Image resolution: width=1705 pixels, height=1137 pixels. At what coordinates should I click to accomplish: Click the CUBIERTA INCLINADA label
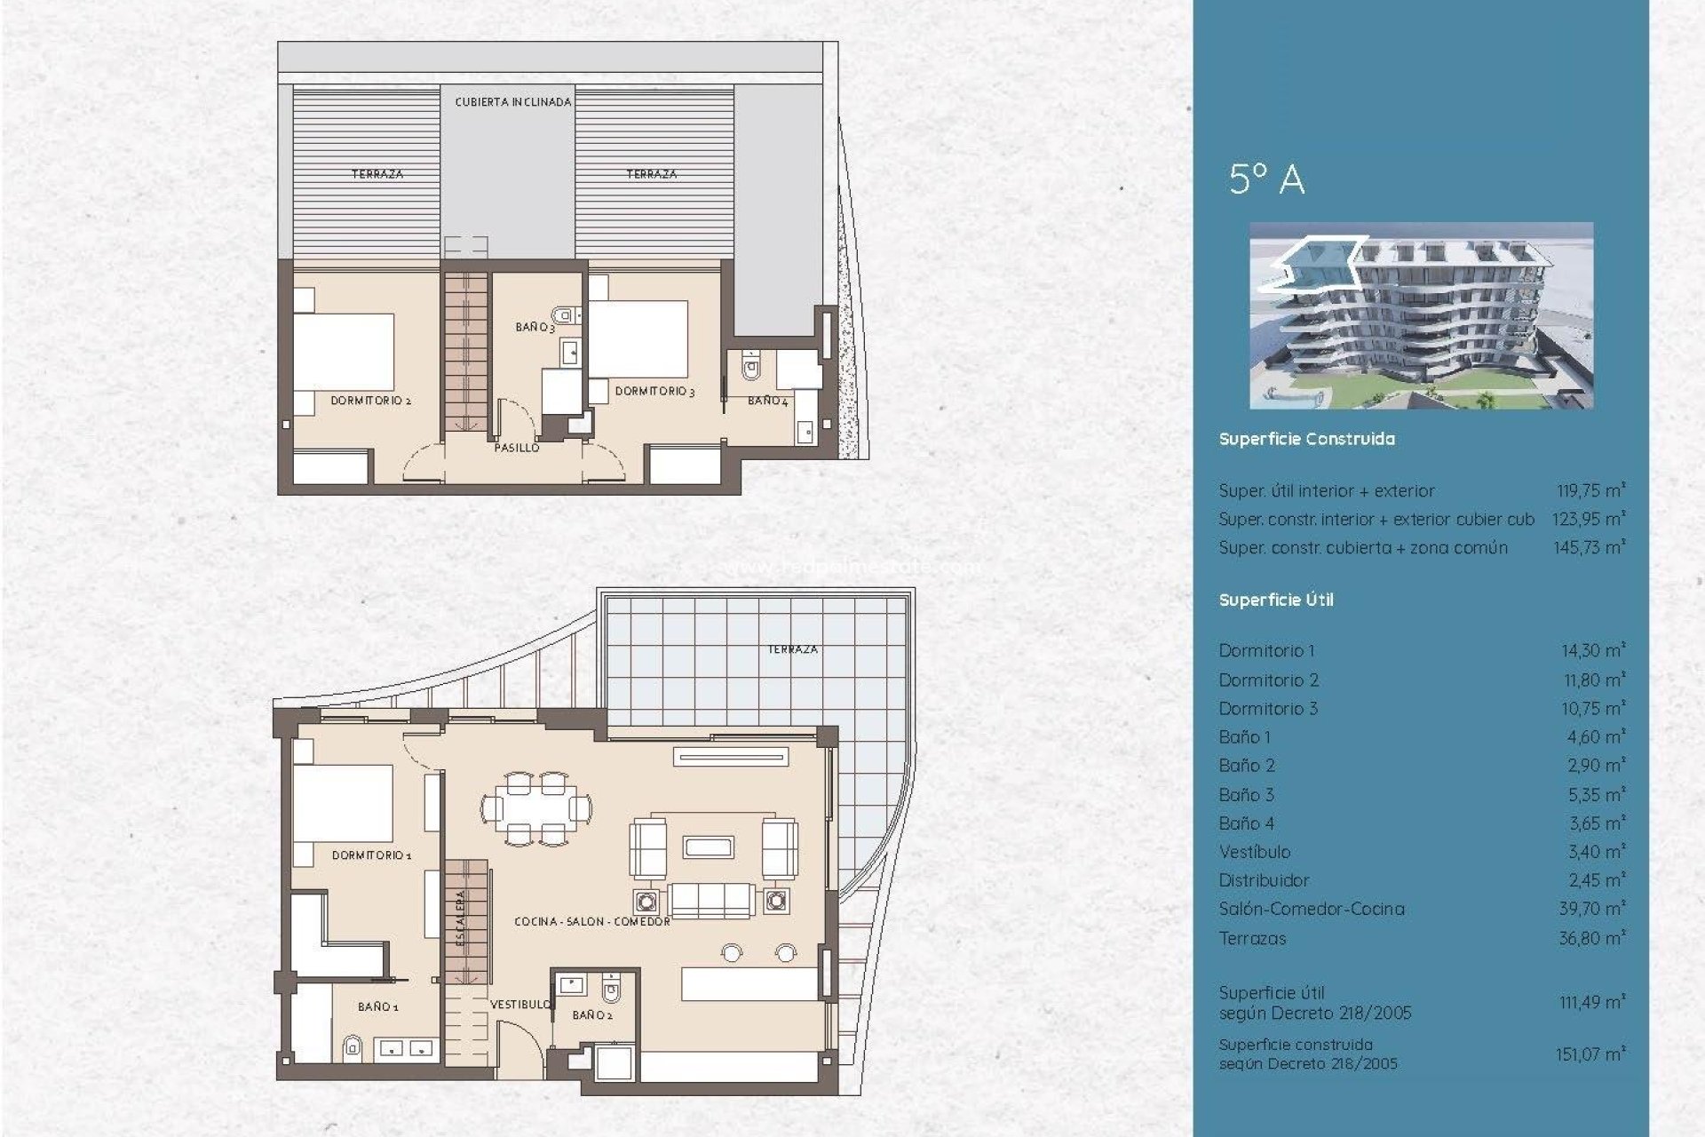click(x=512, y=102)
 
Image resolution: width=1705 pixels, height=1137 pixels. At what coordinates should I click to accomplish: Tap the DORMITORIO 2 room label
click(x=370, y=401)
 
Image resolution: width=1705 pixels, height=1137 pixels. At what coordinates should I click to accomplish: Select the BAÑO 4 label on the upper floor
click(x=767, y=401)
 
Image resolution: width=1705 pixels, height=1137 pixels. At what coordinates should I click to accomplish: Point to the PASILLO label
click(x=516, y=448)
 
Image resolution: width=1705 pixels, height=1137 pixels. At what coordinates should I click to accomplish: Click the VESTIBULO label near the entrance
click(x=520, y=1004)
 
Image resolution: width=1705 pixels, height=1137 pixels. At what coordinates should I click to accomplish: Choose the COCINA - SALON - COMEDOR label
click(x=591, y=922)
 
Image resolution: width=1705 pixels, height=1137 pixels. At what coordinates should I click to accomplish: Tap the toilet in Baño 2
click(x=611, y=989)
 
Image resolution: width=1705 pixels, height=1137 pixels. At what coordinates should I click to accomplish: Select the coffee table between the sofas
click(x=708, y=847)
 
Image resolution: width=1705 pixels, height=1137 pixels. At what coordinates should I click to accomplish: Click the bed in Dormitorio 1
click(x=344, y=804)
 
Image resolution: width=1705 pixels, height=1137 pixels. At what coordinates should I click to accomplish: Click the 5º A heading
click(x=1266, y=179)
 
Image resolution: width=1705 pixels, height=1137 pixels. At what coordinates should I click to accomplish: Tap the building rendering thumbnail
click(x=1421, y=315)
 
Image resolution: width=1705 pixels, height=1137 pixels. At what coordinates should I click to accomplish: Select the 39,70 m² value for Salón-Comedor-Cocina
click(x=1593, y=909)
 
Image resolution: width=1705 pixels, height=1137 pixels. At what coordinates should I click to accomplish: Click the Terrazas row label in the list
click(x=1252, y=938)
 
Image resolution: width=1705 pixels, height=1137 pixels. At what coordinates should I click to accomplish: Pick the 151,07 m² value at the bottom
click(x=1590, y=1054)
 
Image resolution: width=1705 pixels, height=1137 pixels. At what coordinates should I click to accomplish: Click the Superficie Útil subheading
click(x=1276, y=600)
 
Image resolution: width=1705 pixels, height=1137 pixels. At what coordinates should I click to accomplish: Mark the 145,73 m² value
click(x=1589, y=548)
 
